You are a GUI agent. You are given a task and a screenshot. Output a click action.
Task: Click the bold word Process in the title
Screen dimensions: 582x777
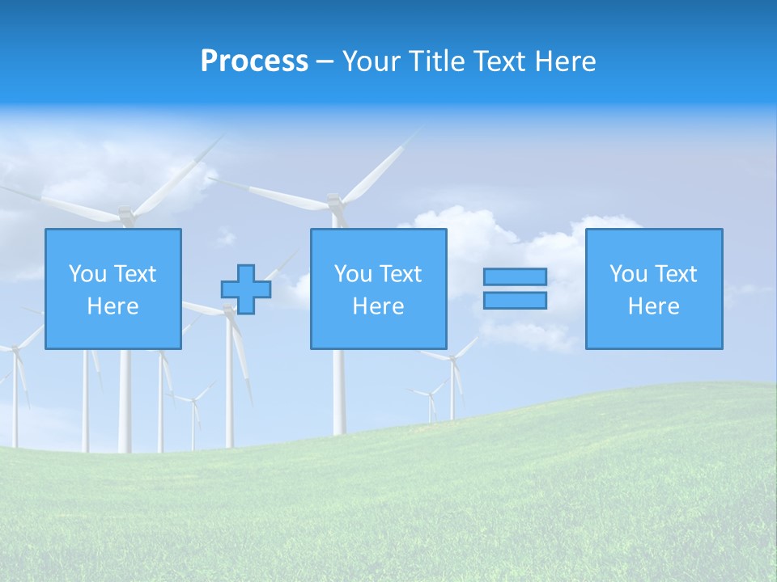pos(254,61)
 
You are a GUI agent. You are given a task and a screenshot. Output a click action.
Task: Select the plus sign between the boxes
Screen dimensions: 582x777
pos(246,289)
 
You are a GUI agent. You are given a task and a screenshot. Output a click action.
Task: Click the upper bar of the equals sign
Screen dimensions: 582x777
pos(515,277)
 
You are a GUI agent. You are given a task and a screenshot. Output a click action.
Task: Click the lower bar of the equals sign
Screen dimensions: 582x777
pos(515,301)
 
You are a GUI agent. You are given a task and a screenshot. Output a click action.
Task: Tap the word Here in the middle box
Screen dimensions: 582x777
pos(378,306)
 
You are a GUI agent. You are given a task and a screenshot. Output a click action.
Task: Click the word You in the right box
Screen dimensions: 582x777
pos(628,274)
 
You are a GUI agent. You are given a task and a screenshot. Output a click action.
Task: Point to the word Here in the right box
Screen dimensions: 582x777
pos(654,306)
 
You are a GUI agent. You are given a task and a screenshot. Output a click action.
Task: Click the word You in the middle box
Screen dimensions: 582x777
pos(353,274)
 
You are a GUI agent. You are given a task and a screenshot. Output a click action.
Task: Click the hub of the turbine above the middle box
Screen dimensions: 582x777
pos(334,199)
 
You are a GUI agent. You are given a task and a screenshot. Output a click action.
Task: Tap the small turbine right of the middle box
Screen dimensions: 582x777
pos(452,380)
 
